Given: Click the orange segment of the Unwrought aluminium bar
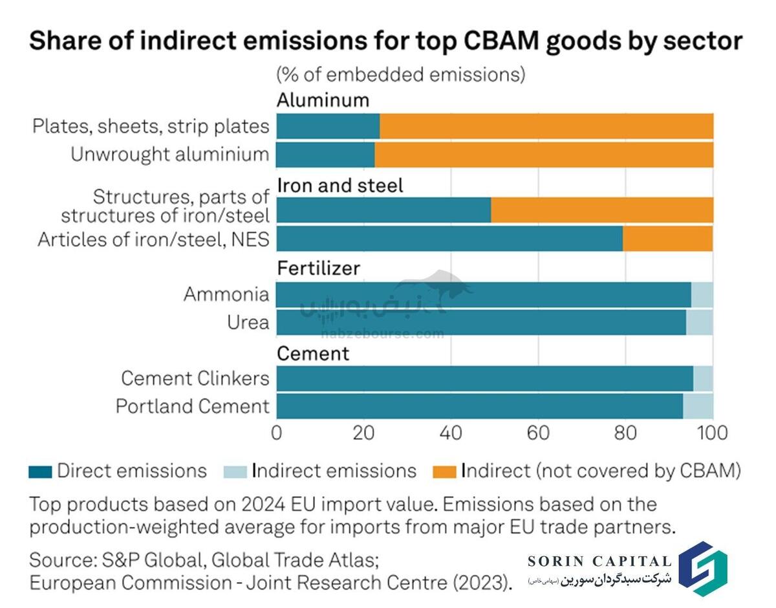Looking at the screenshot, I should [x=543, y=155].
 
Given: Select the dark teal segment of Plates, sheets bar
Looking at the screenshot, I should [x=328, y=125].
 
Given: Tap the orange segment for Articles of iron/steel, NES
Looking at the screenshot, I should [x=667, y=239].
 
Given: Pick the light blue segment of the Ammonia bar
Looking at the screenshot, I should [x=702, y=294].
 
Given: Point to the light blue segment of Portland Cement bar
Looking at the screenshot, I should [x=698, y=406].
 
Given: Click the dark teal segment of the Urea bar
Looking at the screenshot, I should [x=480, y=322].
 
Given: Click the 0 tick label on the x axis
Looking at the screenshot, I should [x=277, y=432].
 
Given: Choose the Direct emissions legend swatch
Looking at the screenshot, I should [x=39, y=472].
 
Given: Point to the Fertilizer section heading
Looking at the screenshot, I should [x=318, y=268].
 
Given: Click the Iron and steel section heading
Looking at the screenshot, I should [x=340, y=186].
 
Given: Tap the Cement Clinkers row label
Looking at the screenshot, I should [x=195, y=378].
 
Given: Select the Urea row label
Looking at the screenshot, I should [x=248, y=322].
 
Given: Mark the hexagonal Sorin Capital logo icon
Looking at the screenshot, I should [x=701, y=567].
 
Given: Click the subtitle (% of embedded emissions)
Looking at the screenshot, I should [x=401, y=74].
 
